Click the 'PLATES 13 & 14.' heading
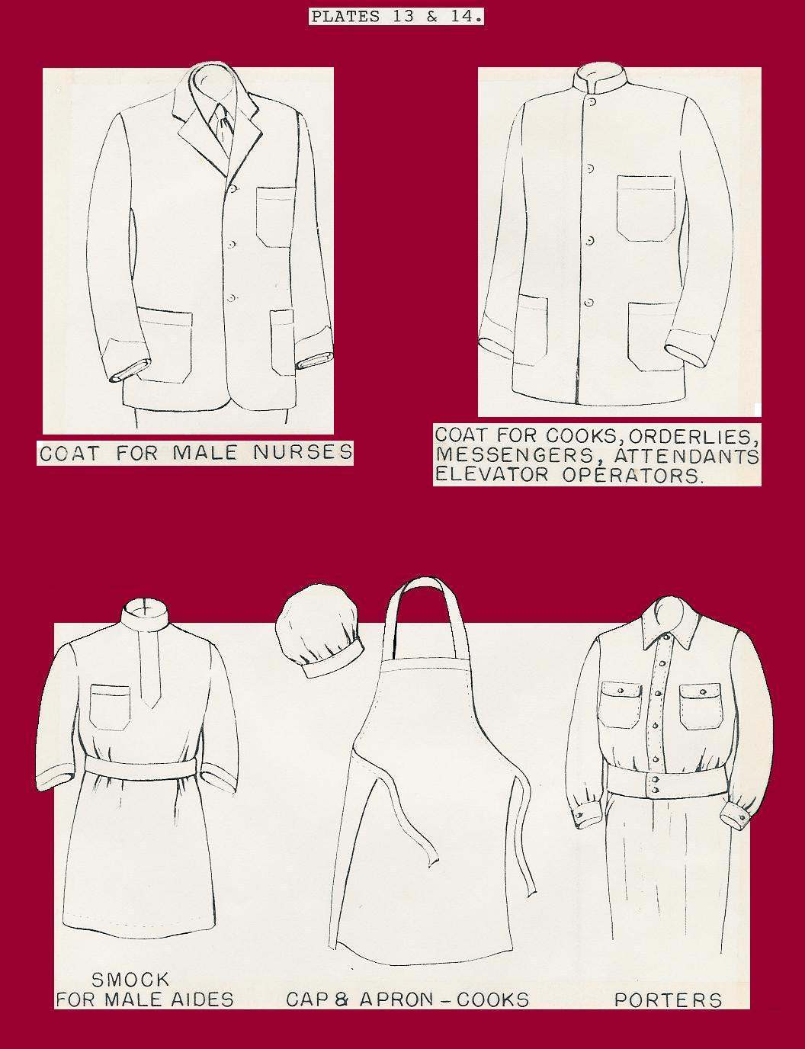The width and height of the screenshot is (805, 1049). pyautogui.click(x=396, y=18)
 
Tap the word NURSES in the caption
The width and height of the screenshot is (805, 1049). pyautogui.click(x=303, y=452)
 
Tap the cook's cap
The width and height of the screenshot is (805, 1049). pyautogui.click(x=318, y=630)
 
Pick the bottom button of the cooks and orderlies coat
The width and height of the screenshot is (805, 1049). pyautogui.click(x=589, y=303)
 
